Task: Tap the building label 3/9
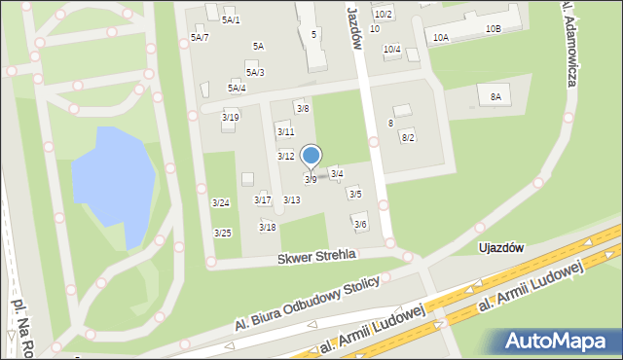coord(310,179)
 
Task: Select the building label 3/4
coord(337,173)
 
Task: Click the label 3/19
coord(231,117)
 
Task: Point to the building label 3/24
coord(221,202)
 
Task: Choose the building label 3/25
coord(222,233)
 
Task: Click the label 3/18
coord(267,227)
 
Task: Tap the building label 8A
coord(495,96)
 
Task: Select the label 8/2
coord(408,137)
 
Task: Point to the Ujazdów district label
coord(501,247)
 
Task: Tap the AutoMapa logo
coord(560,341)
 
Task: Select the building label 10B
coord(493,28)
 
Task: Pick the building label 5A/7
coord(200,37)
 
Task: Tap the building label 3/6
coord(360,224)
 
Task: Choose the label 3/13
coord(291,199)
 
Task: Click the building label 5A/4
coord(237,88)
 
